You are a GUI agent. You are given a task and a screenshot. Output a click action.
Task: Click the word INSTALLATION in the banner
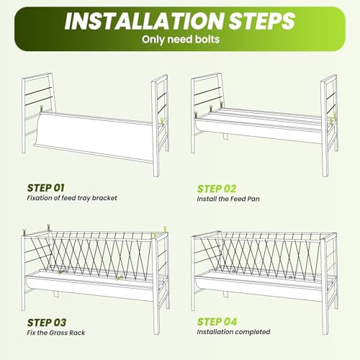click(144, 21)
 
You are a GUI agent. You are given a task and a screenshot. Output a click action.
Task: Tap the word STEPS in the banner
click(262, 21)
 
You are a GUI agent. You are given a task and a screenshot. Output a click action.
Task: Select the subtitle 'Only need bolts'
click(181, 40)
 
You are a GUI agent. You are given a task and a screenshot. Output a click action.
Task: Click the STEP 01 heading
click(45, 188)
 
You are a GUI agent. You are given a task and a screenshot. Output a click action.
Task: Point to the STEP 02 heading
click(217, 189)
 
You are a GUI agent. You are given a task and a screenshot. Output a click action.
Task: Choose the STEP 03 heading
click(46, 323)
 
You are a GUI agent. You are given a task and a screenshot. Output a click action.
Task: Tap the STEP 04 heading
click(217, 322)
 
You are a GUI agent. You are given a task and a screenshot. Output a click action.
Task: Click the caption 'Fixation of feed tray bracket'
click(72, 198)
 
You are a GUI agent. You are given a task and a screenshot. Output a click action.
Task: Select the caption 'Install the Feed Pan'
click(228, 199)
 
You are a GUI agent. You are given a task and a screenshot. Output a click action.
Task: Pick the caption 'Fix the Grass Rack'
click(56, 333)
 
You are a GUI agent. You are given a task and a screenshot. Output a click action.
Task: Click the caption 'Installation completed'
click(233, 332)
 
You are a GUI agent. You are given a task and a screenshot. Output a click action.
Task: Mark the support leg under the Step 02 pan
click(225, 136)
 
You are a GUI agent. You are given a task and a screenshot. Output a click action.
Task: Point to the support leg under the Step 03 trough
click(55, 294)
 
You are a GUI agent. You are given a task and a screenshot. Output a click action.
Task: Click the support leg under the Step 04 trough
click(225, 294)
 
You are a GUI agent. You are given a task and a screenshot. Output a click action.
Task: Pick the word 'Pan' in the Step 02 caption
click(253, 199)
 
